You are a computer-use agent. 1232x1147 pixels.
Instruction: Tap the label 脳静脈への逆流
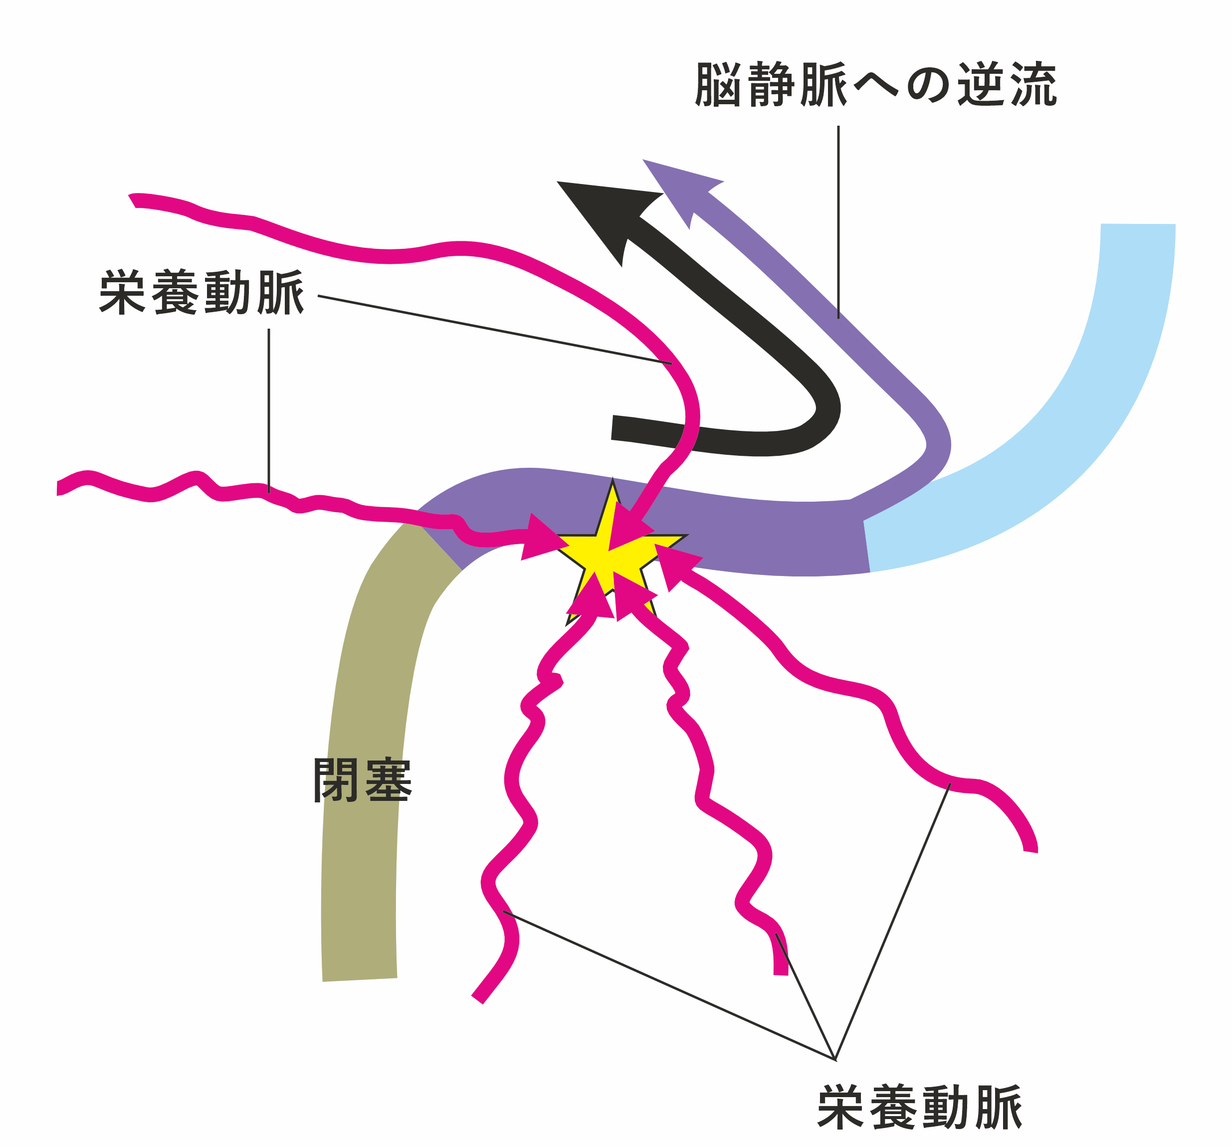(x=876, y=85)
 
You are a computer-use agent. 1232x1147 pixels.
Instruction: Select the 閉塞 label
(x=363, y=780)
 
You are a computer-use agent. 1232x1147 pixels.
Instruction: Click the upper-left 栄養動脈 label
(x=202, y=292)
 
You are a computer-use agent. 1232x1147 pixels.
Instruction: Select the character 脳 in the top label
(x=719, y=85)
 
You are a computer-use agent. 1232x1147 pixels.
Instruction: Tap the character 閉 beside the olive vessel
(x=337, y=780)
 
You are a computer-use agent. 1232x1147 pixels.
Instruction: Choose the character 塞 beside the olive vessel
(x=389, y=780)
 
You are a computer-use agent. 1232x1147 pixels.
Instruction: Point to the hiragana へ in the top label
(x=876, y=85)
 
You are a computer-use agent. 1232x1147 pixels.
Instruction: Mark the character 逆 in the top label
(x=981, y=85)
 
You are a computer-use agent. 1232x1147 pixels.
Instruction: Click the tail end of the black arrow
(x=614, y=427)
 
